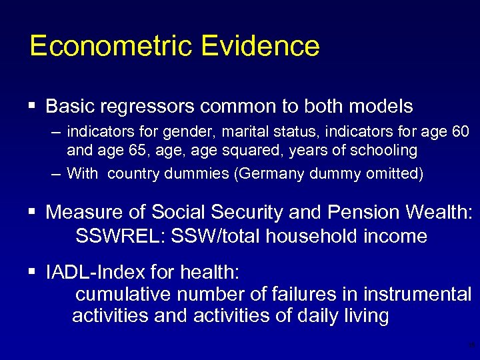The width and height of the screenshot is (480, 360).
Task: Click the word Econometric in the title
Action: coord(101,46)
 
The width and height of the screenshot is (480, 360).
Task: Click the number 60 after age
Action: coord(459,131)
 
